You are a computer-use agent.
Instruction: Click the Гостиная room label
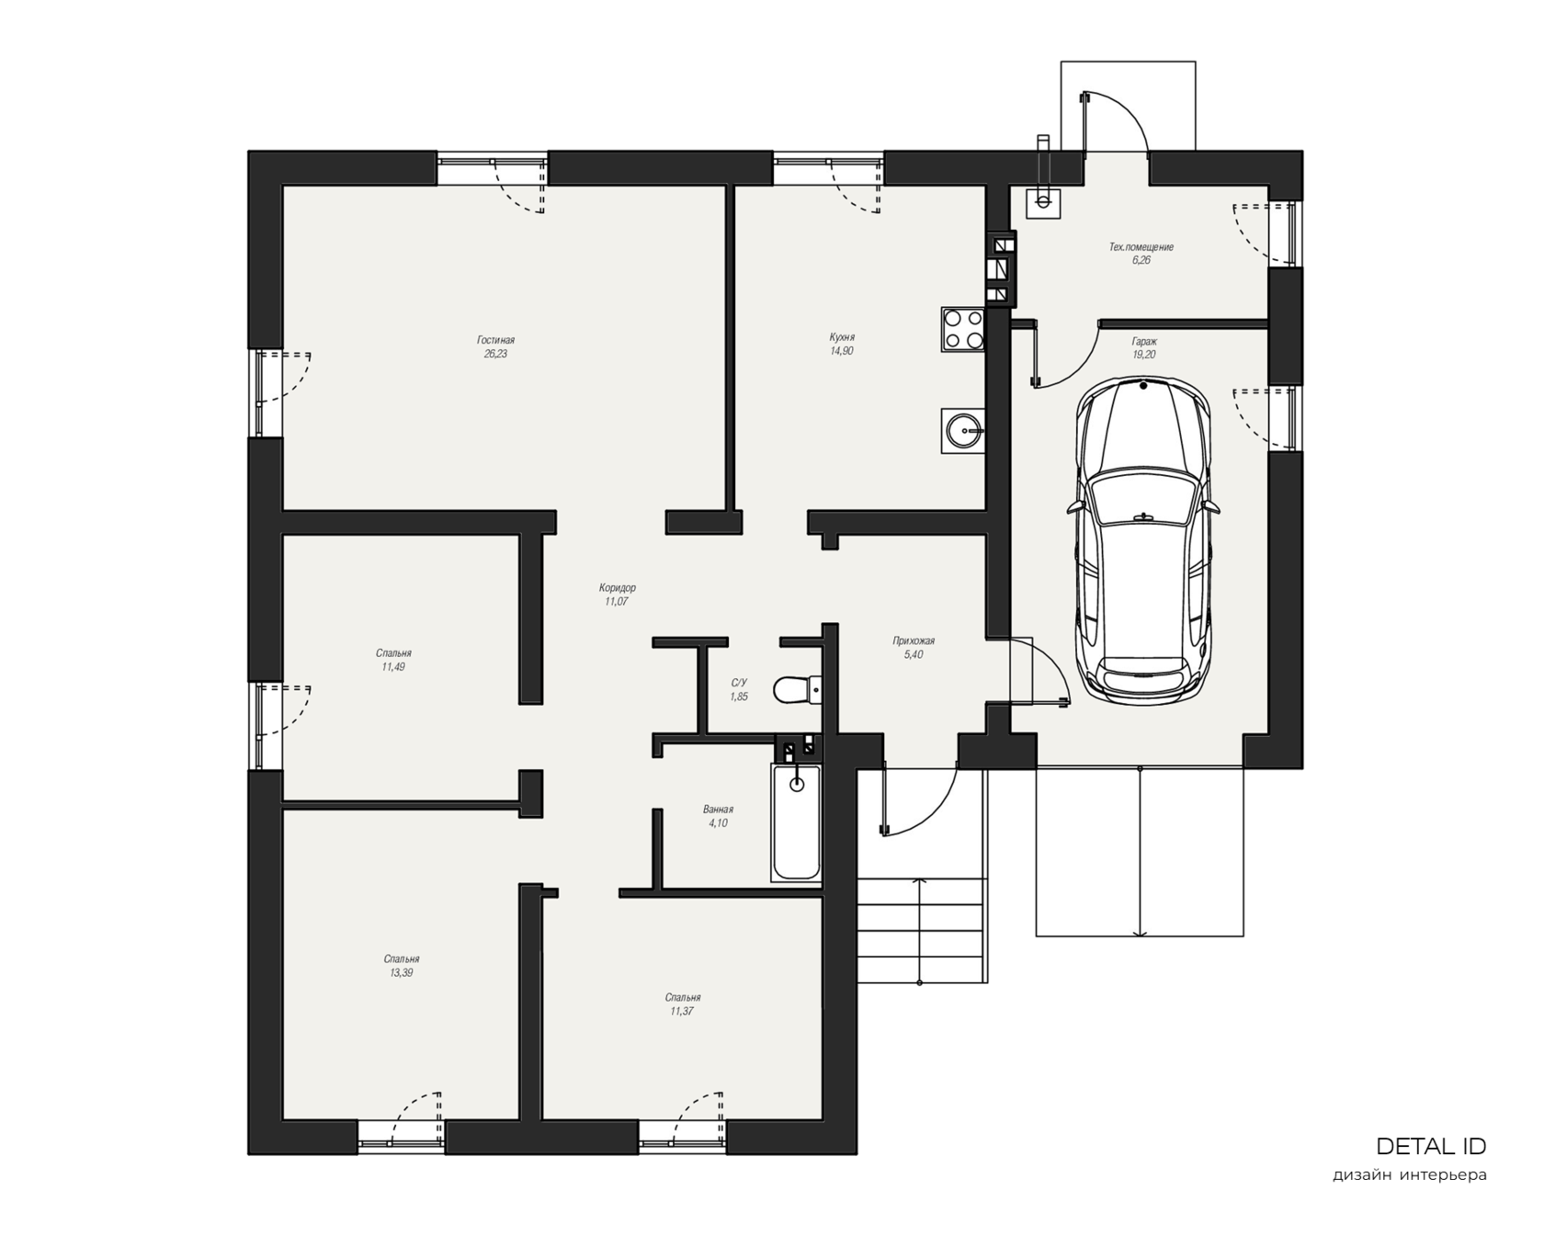pos(495,340)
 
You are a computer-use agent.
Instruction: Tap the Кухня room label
pos(842,337)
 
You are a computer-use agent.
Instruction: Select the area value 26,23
pos(495,354)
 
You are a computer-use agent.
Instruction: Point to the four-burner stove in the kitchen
pos(963,329)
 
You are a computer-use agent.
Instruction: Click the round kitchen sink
pos(963,430)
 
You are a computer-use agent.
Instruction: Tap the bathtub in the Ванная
pos(796,821)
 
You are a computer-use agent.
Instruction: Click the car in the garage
pos(1144,540)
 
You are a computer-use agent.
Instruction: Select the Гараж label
pos(1144,341)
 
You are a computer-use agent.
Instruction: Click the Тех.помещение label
pos(1141,247)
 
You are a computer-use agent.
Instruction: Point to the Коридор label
pos(617,588)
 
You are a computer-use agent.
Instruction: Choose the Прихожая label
pos(914,641)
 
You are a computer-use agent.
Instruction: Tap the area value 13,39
pos(402,972)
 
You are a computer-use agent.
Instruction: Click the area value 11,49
pos(393,667)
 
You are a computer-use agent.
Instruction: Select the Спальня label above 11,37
pos(683,997)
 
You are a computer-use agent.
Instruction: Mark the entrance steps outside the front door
pos(921,931)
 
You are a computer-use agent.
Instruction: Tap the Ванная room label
pos(718,810)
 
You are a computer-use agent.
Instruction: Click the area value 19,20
pos(1144,355)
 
